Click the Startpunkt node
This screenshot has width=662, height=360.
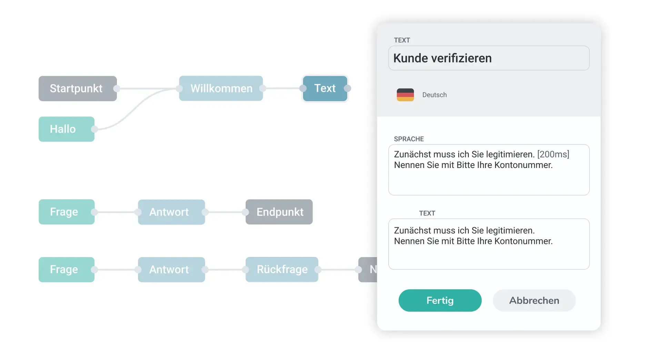point(77,89)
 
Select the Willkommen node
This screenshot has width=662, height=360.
point(221,89)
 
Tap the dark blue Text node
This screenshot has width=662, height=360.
point(325,89)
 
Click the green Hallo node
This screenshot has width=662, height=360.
point(66,129)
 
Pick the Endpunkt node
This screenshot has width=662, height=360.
point(279,212)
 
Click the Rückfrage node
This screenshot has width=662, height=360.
point(282,270)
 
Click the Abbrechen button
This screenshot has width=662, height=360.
point(534,301)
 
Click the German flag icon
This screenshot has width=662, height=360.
point(405,95)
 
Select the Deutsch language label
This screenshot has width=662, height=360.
point(434,95)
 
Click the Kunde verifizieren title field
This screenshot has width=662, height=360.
point(489,58)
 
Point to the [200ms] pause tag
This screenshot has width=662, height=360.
point(553,154)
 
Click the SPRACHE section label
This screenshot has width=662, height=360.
point(409,139)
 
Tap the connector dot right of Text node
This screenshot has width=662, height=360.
point(348,89)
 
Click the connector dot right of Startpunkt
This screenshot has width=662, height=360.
point(117,89)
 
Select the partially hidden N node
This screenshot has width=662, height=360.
point(368,270)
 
